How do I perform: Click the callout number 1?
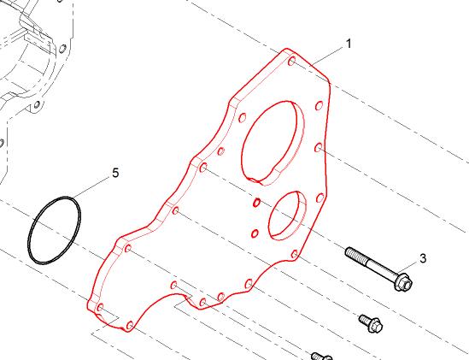(x=349, y=44)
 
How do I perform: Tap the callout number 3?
(x=423, y=258)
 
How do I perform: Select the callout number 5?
(x=115, y=173)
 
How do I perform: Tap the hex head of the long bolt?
(x=403, y=282)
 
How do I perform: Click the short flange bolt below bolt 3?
(x=372, y=323)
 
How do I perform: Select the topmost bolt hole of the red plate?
(x=292, y=62)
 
